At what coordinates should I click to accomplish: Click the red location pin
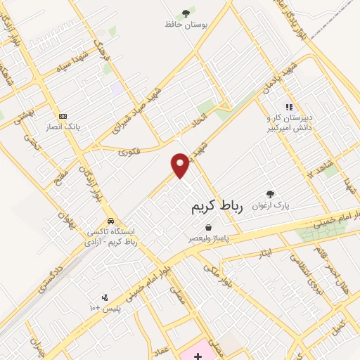coord(181,165)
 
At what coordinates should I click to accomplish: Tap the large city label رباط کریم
coord(217,207)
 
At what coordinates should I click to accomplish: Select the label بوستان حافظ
coord(186,25)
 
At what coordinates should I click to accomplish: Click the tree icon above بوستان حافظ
coord(186,13)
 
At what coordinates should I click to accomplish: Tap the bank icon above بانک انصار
coord(63,115)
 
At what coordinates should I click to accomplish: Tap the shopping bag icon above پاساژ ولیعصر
coord(209,227)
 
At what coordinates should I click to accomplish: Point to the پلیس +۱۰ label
coord(105,309)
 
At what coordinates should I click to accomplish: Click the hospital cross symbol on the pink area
coord(198,356)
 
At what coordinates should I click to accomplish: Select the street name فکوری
coord(129,150)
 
